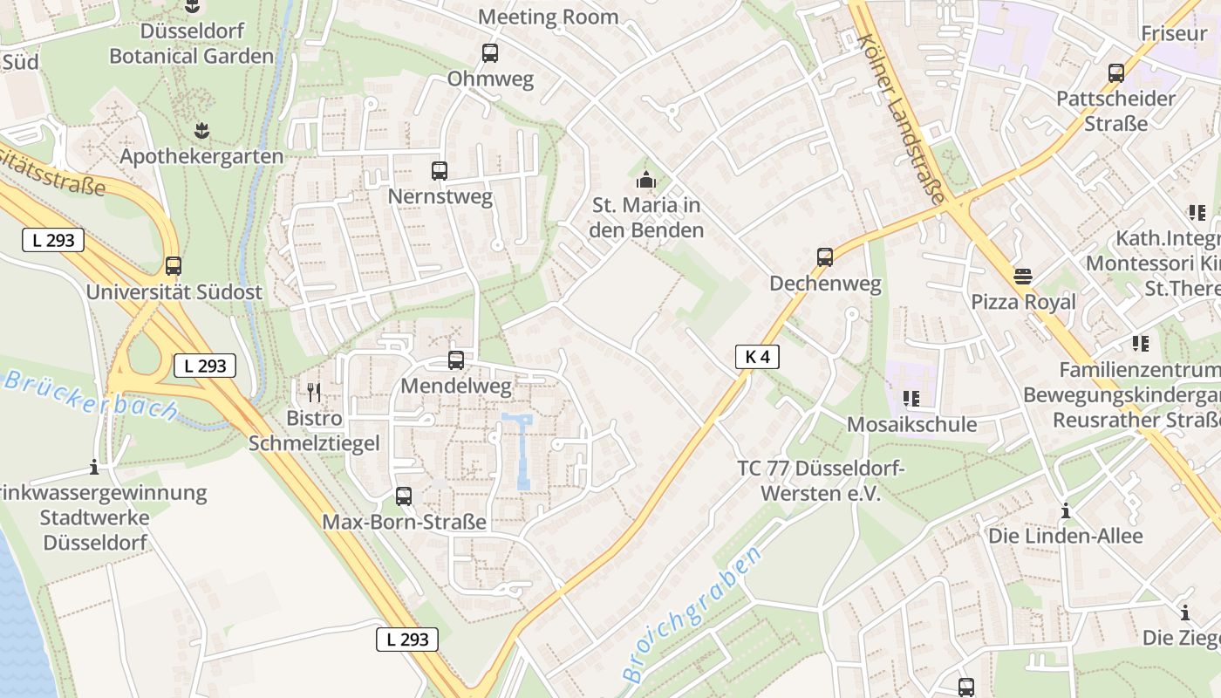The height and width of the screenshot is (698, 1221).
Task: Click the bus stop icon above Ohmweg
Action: click(490, 53)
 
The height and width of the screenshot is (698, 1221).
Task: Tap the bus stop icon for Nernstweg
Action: click(440, 171)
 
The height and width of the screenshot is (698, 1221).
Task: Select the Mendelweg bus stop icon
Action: click(456, 359)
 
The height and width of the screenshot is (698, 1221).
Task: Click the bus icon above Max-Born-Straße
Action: click(404, 496)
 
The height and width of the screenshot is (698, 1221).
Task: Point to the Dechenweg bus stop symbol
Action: click(825, 257)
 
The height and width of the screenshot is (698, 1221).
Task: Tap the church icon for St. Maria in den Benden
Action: click(646, 180)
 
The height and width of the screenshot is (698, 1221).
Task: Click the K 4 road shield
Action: click(757, 356)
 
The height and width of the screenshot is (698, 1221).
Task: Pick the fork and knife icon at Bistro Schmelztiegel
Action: click(314, 392)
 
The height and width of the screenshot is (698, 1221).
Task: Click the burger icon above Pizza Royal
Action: click(1023, 277)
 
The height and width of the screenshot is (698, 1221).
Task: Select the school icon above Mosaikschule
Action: click(911, 399)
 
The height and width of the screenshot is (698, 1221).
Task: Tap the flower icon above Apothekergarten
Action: click(202, 131)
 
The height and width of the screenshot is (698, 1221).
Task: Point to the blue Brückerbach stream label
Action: click(92, 395)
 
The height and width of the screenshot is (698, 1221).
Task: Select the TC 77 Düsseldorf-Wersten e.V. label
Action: click(822, 481)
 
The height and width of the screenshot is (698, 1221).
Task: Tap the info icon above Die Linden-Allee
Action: click(1065, 510)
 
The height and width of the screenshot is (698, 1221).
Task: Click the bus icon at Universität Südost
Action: click(174, 266)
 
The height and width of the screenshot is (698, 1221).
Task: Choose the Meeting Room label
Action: click(548, 17)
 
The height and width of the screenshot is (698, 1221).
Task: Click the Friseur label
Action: click(1174, 34)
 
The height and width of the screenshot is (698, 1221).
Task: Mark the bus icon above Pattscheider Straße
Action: click(1116, 73)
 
